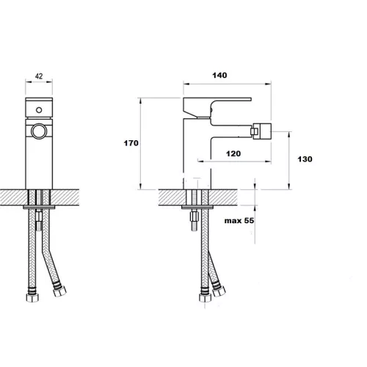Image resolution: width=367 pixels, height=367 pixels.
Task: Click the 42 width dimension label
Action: click(39, 76)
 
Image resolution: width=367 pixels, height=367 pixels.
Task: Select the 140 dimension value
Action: click(219, 75)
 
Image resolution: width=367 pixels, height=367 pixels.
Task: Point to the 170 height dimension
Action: click(131, 143)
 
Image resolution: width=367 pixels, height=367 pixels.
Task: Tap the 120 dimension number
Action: click(233, 153)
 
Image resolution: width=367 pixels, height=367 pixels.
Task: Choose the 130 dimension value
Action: click(305, 159)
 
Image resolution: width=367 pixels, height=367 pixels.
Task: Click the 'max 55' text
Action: click(239, 221)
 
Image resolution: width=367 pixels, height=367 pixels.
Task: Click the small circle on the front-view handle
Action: click(39, 110)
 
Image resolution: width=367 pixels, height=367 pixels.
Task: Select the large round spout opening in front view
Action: click(39, 131)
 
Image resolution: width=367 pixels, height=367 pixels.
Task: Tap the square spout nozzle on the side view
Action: click(261, 131)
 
